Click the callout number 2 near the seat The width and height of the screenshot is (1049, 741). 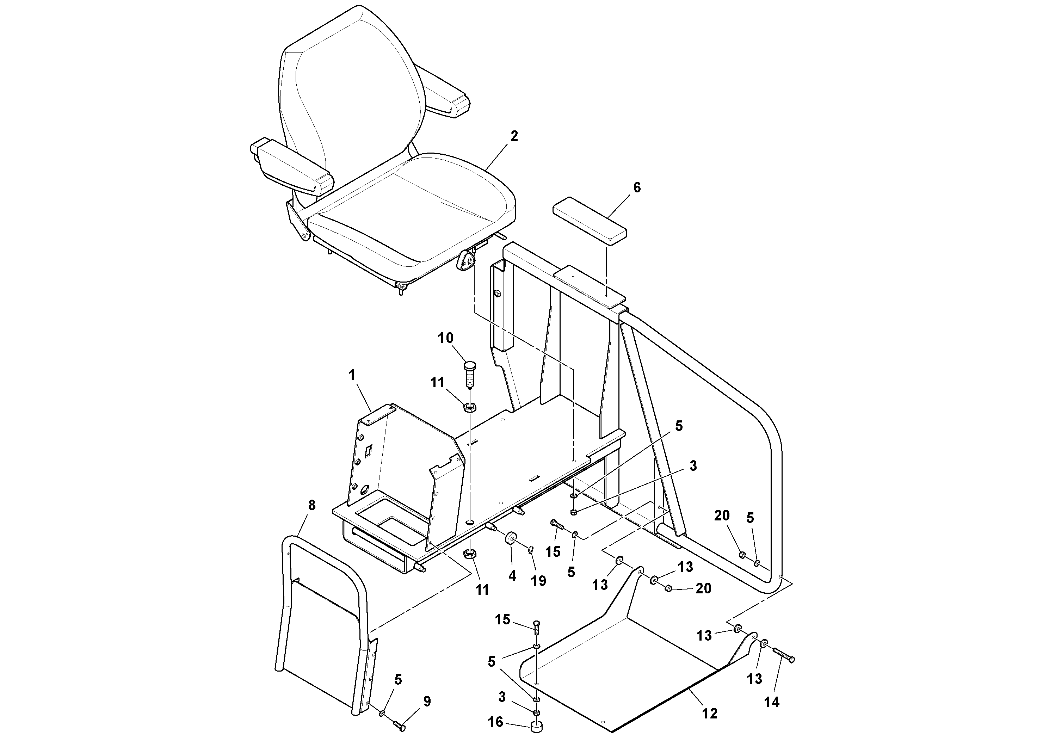click(514, 136)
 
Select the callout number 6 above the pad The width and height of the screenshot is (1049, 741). click(636, 187)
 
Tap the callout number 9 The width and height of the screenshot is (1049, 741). click(427, 702)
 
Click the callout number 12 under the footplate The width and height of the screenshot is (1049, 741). click(710, 713)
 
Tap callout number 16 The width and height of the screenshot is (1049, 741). click(496, 722)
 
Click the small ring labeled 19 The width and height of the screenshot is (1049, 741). click(532, 548)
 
